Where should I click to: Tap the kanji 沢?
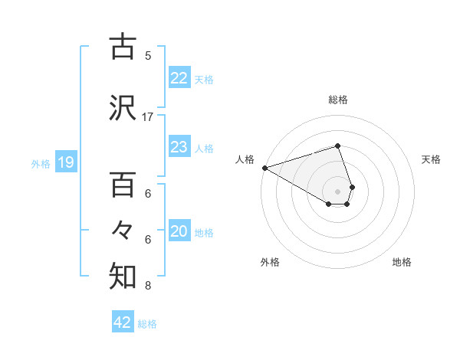click(123, 110)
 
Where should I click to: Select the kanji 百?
click(123, 186)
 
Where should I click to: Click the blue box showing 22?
click(179, 78)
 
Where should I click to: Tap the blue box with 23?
click(179, 147)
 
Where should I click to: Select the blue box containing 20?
click(179, 232)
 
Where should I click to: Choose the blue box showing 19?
click(65, 162)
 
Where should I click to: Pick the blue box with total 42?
click(123, 322)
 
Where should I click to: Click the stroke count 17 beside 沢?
click(148, 117)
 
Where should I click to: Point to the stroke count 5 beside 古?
click(148, 55)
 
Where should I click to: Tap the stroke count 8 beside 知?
click(148, 286)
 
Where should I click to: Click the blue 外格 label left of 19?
click(41, 162)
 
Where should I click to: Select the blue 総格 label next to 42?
click(147, 323)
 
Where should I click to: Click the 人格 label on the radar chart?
click(245, 159)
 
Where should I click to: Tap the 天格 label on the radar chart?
click(432, 159)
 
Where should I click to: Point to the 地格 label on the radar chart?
click(402, 262)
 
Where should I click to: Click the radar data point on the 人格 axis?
click(264, 167)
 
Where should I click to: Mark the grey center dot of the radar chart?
click(337, 191)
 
